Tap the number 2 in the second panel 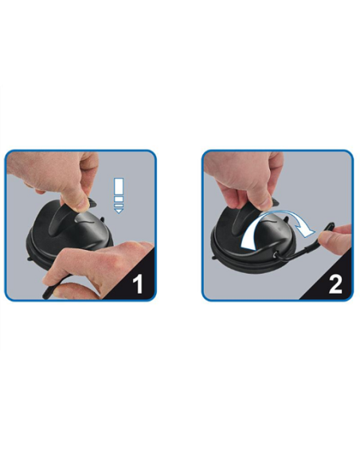335,283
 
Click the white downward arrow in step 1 118,195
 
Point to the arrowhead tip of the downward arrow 118,212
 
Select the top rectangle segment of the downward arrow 118,182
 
